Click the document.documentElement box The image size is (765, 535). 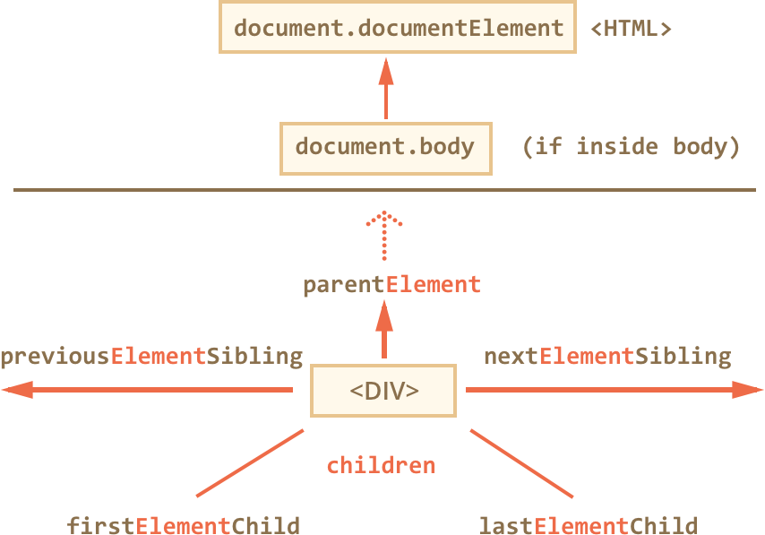(398, 28)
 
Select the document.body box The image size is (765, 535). (385, 147)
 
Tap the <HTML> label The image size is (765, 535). (631, 29)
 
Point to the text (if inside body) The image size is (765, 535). (631, 147)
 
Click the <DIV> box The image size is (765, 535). (383, 391)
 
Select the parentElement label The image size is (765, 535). (391, 285)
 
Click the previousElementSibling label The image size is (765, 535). (151, 356)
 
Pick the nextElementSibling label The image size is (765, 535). (607, 356)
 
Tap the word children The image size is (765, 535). (381, 465)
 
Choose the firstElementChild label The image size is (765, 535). (183, 525)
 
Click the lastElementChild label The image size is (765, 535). (588, 525)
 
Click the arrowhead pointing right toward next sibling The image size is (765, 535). (748, 389)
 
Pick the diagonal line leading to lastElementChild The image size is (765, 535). (521, 463)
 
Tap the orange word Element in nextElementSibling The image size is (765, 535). (586, 356)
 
